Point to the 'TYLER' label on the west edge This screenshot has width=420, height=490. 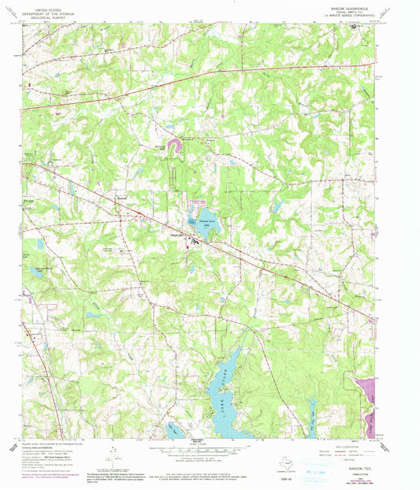[x=29, y=203]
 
